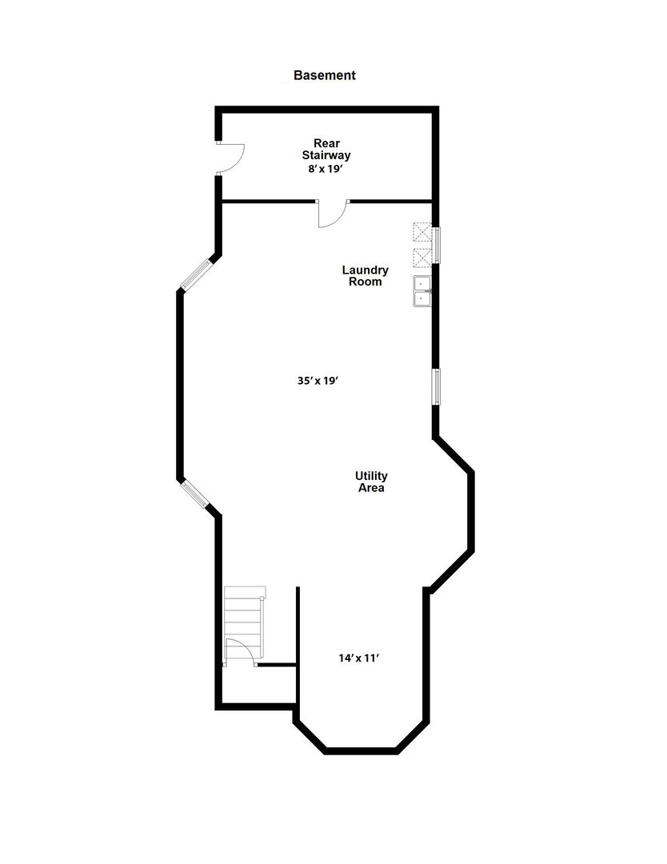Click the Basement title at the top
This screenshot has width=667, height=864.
tap(324, 75)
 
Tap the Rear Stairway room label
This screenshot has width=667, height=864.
tap(326, 150)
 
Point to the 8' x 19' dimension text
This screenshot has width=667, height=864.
tap(326, 170)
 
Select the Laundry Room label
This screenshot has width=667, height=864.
tap(365, 276)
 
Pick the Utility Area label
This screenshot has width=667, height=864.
tap(371, 482)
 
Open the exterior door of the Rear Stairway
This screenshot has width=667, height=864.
tap(230, 158)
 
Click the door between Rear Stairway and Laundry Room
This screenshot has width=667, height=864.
tap(331, 214)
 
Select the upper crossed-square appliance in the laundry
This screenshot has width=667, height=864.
tap(421, 231)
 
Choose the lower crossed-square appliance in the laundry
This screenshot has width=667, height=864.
tap(421, 258)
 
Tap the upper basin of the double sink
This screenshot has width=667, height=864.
tap(421, 282)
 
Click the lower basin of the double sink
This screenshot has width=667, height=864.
tap(421, 298)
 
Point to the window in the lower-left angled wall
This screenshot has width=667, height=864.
tap(194, 494)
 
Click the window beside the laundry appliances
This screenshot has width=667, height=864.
tap(437, 245)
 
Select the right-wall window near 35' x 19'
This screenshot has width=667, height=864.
tap(437, 386)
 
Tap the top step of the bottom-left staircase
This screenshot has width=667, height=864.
tap(244, 592)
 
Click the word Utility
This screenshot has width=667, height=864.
tap(371, 476)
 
